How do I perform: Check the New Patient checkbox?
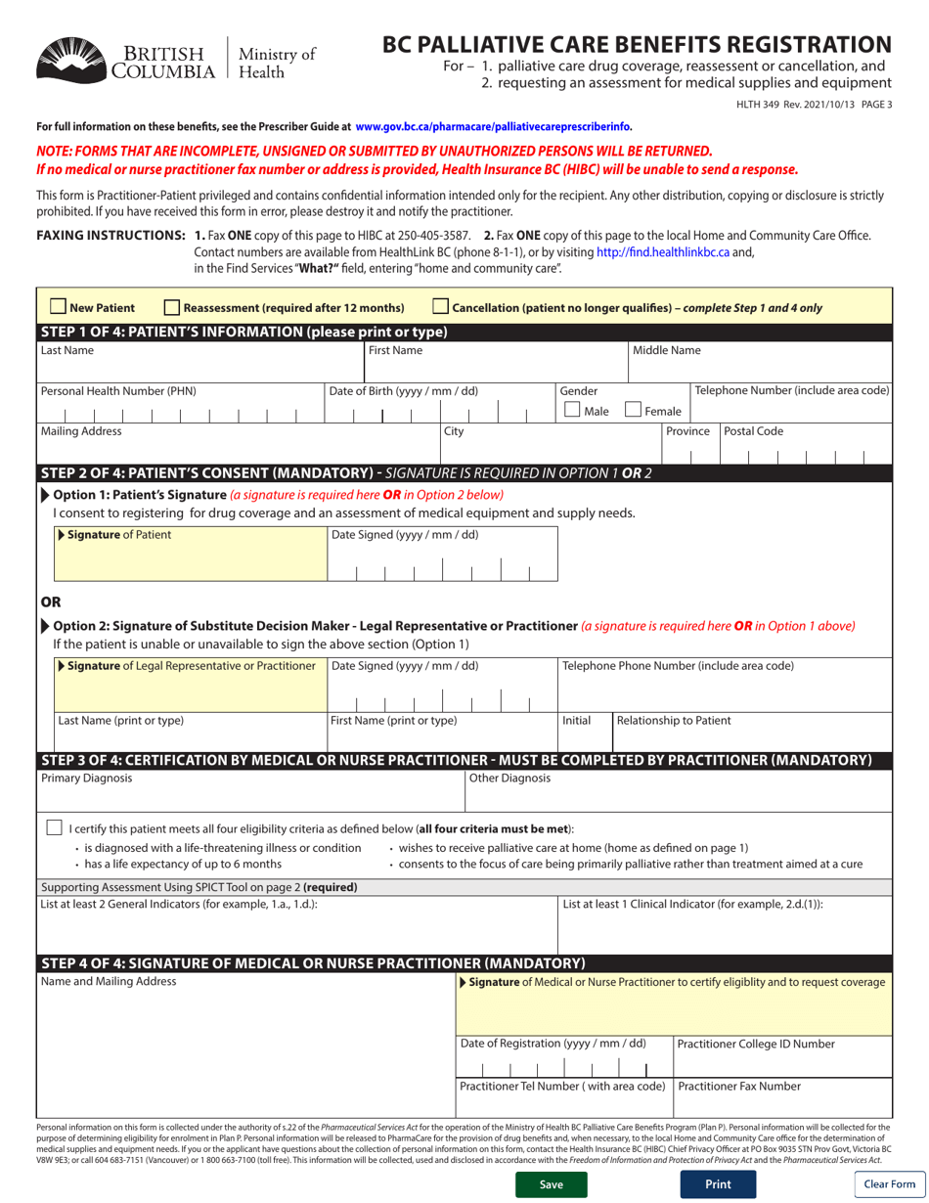coord(58,307)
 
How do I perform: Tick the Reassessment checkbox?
coord(172,307)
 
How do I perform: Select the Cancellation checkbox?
coord(440,307)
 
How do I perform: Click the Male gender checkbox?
coord(574,411)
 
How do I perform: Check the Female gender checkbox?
coord(634,411)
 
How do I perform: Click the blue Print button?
coord(717,1183)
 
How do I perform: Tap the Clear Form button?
coord(889,1183)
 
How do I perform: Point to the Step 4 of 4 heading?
coord(311,963)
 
